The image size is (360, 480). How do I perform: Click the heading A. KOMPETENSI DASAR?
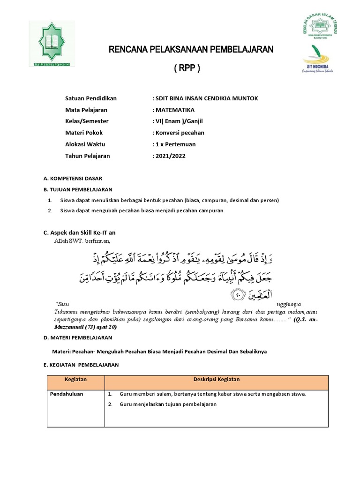coord(73,179)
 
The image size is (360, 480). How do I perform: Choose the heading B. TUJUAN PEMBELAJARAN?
coord(78,189)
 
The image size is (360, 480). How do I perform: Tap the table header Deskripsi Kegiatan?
coord(217,379)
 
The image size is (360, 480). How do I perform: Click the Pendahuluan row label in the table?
coord(67,394)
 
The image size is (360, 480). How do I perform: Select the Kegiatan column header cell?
coord(76,379)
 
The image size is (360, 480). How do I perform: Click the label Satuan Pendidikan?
coord(91,98)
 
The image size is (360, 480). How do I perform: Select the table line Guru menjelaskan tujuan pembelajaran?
coord(168,405)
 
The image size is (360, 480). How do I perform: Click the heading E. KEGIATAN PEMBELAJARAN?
coord(81,365)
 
